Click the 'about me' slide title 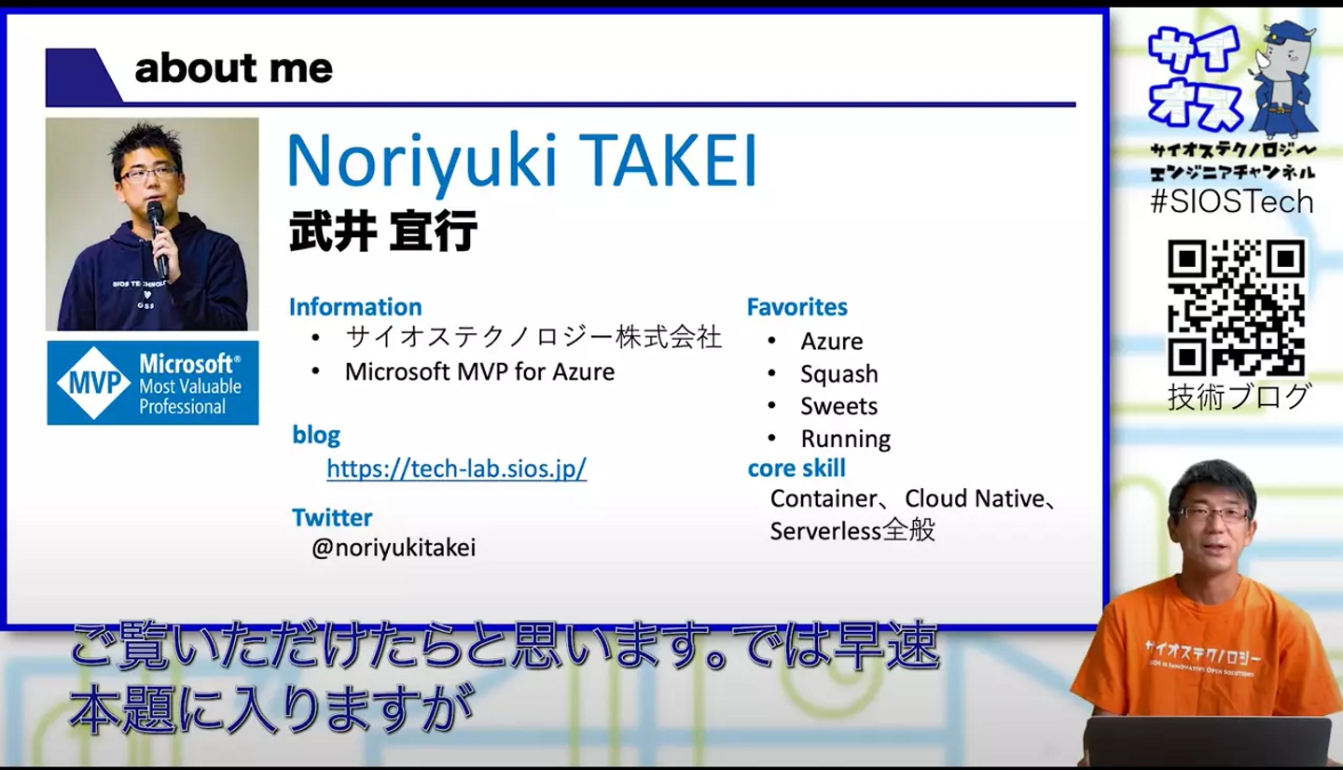[x=233, y=68]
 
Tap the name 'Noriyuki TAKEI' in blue [x=522, y=161]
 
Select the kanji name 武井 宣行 [x=383, y=231]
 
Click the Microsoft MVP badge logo [x=153, y=383]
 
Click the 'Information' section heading [x=355, y=307]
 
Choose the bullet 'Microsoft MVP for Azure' [x=479, y=372]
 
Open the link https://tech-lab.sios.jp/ [x=456, y=469]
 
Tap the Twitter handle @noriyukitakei [x=394, y=547]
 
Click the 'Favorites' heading [x=796, y=307]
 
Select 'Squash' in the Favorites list [x=839, y=374]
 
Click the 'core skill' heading [x=796, y=469]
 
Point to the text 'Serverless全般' [x=852, y=530]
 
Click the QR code [x=1237, y=308]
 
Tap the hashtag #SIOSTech [x=1232, y=202]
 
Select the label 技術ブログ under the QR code [x=1239, y=397]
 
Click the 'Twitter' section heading [x=332, y=517]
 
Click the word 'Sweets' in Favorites [x=838, y=406]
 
